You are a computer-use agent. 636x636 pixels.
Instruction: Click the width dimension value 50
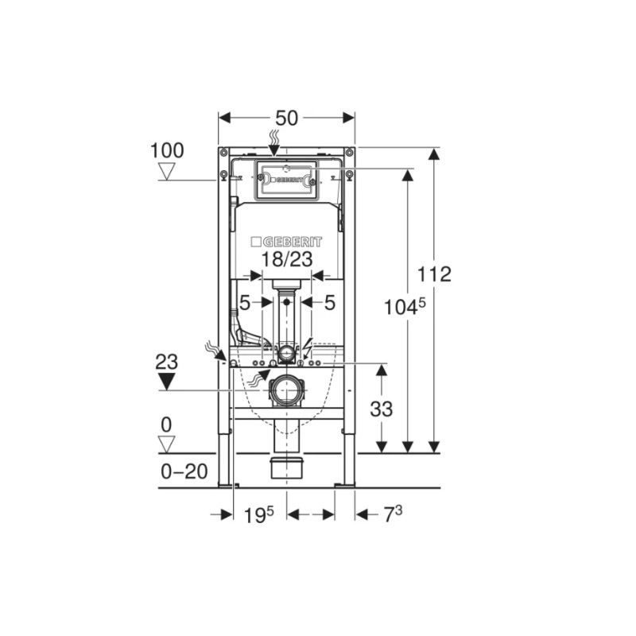[x=286, y=118]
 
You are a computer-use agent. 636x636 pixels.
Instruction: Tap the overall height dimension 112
[x=434, y=274]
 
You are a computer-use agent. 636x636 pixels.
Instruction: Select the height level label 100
[x=167, y=150]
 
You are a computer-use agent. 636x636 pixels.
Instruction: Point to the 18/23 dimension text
[x=286, y=259]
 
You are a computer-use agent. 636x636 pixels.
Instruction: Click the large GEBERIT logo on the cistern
[x=286, y=242]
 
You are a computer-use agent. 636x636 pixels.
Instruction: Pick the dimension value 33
[x=382, y=409]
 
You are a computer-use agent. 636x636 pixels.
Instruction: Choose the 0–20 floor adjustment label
[x=184, y=471]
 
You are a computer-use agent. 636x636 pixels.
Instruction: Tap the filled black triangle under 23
[x=166, y=382]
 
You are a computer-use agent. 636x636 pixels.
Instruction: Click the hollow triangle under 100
[x=166, y=171]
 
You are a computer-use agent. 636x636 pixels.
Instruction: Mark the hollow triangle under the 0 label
[x=166, y=444]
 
